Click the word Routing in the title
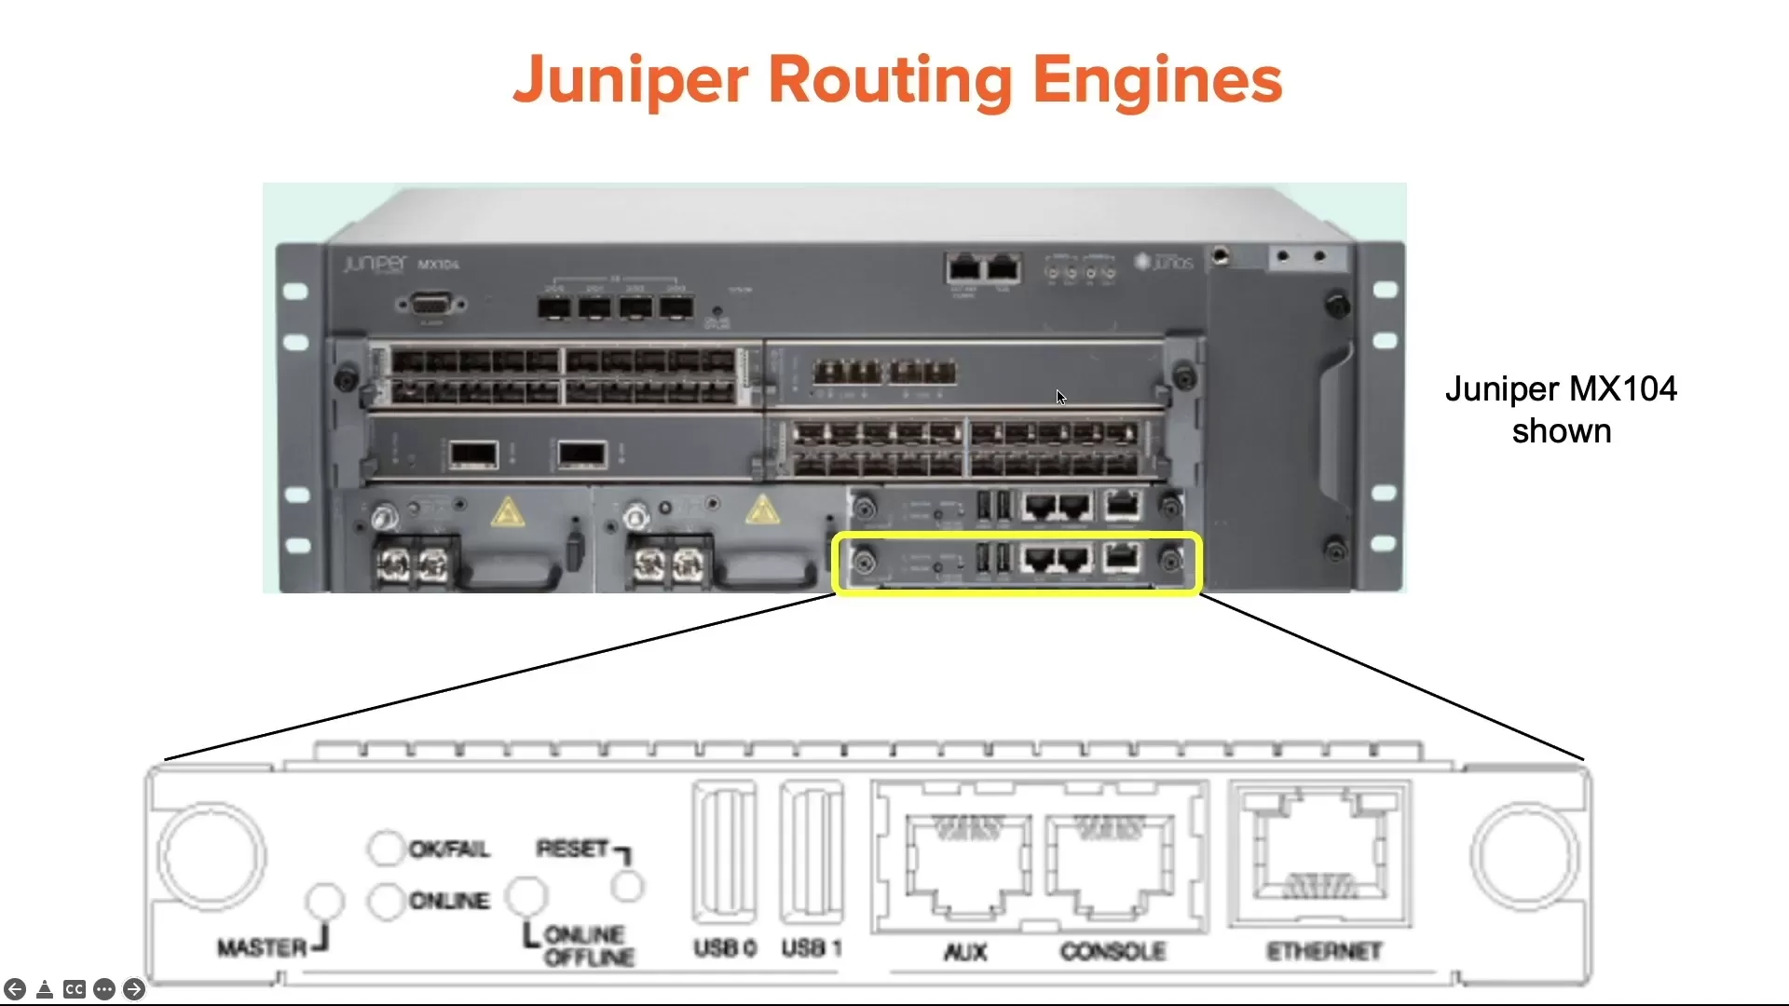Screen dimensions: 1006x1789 click(889, 80)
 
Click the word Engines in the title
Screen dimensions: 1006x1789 click(1157, 80)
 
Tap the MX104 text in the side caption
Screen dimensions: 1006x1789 click(1624, 388)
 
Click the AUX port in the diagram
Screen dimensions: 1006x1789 click(968, 863)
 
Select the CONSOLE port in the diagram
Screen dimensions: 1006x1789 click(1110, 863)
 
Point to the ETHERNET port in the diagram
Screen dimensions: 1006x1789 click(1319, 854)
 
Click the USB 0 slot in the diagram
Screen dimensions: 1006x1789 click(724, 852)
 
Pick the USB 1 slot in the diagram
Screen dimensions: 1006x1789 click(812, 852)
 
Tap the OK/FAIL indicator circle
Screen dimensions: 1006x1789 click(385, 848)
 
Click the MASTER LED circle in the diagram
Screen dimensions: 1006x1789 click(325, 901)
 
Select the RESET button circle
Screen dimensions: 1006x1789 click(627, 886)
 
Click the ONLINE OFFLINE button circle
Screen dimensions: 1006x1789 click(526, 896)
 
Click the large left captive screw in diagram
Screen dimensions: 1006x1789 click(212, 855)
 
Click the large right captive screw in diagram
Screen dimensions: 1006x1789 click(1525, 855)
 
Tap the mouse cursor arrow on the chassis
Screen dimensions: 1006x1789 click(1060, 397)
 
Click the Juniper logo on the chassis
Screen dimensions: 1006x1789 click(375, 264)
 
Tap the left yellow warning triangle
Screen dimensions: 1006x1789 click(507, 512)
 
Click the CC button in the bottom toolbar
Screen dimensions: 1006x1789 click(75, 989)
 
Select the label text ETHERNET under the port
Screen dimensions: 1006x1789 click(1324, 951)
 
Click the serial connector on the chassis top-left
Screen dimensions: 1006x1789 click(430, 305)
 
